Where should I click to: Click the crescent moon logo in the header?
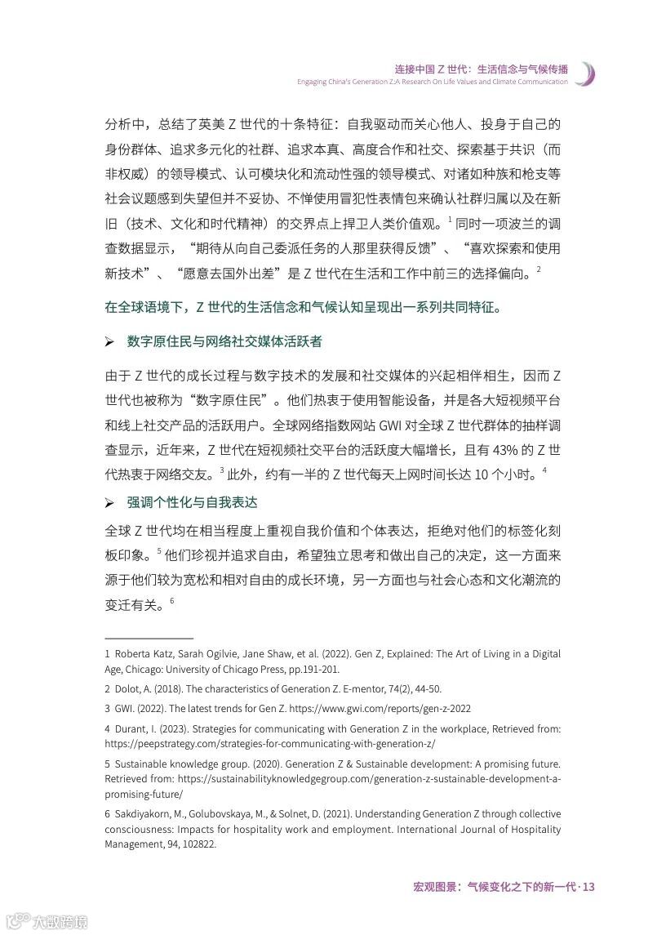(x=584, y=73)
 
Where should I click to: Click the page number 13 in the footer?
(x=588, y=887)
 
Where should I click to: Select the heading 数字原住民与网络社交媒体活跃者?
(x=224, y=341)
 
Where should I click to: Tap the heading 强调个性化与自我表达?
(x=192, y=502)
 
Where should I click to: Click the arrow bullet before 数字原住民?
(x=110, y=341)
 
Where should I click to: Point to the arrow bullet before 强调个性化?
(x=110, y=503)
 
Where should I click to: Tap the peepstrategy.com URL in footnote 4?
(x=270, y=744)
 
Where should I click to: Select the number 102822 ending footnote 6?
(x=198, y=845)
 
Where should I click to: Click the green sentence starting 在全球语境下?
(x=303, y=308)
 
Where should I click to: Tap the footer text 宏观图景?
(x=433, y=887)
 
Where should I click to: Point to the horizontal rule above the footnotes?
(x=149, y=637)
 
